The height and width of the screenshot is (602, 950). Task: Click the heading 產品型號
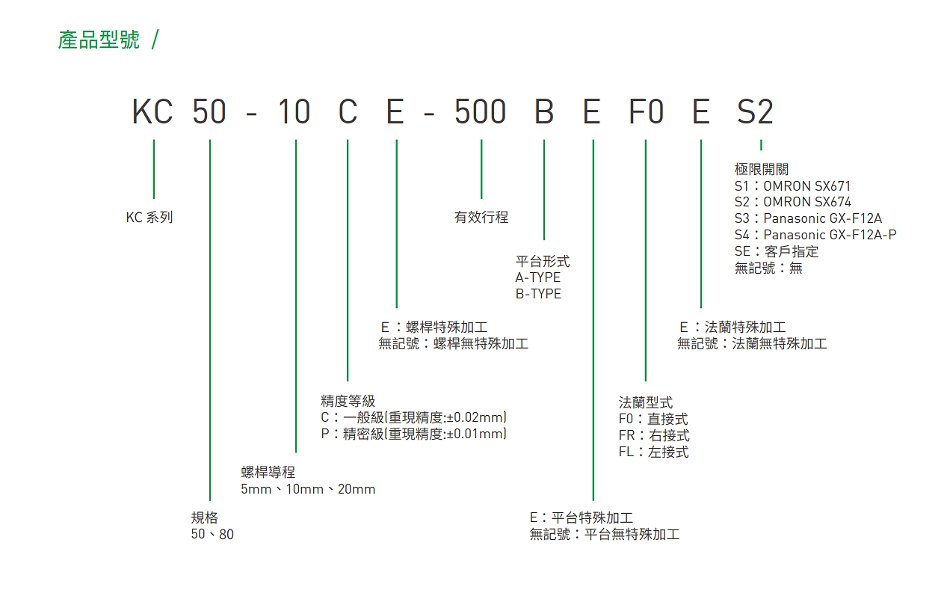click(x=99, y=40)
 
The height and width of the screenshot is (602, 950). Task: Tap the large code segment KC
click(x=152, y=111)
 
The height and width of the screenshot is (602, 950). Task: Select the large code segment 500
click(x=480, y=111)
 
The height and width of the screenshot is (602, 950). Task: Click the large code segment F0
click(x=646, y=111)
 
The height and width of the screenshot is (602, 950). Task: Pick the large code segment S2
click(x=755, y=111)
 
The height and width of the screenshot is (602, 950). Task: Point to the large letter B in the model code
click(x=544, y=111)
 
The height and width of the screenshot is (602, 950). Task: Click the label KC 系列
click(x=149, y=217)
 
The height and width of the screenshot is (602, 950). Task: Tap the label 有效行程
click(x=481, y=217)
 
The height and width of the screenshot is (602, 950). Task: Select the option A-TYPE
click(x=537, y=277)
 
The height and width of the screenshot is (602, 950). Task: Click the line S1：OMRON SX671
click(x=792, y=185)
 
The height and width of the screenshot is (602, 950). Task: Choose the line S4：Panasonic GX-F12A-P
click(x=815, y=235)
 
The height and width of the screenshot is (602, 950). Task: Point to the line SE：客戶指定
click(x=777, y=251)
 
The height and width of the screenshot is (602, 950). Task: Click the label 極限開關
click(x=762, y=169)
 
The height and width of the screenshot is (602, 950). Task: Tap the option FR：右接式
click(x=654, y=435)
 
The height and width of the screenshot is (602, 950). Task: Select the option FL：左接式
click(x=654, y=452)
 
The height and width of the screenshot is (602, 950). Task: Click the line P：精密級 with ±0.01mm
click(x=413, y=434)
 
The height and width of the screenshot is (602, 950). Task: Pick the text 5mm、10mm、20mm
click(x=308, y=489)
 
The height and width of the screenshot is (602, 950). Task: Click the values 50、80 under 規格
click(x=212, y=534)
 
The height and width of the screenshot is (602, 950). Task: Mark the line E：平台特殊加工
click(x=582, y=517)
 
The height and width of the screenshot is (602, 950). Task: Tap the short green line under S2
click(x=762, y=144)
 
